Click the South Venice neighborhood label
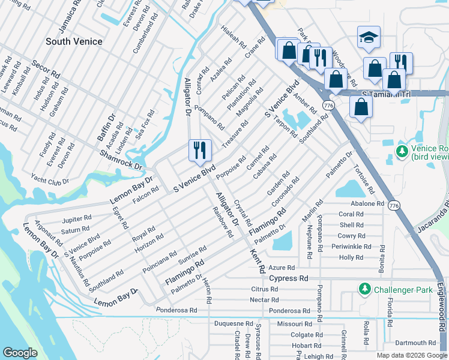(x=74, y=41)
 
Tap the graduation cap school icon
(x=369, y=37)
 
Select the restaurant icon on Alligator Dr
(x=200, y=150)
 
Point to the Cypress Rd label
(x=288, y=278)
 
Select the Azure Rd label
(x=282, y=268)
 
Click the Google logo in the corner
(x=20, y=353)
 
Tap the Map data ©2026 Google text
(x=411, y=355)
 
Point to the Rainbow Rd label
(x=221, y=222)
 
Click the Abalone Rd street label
(x=367, y=203)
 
